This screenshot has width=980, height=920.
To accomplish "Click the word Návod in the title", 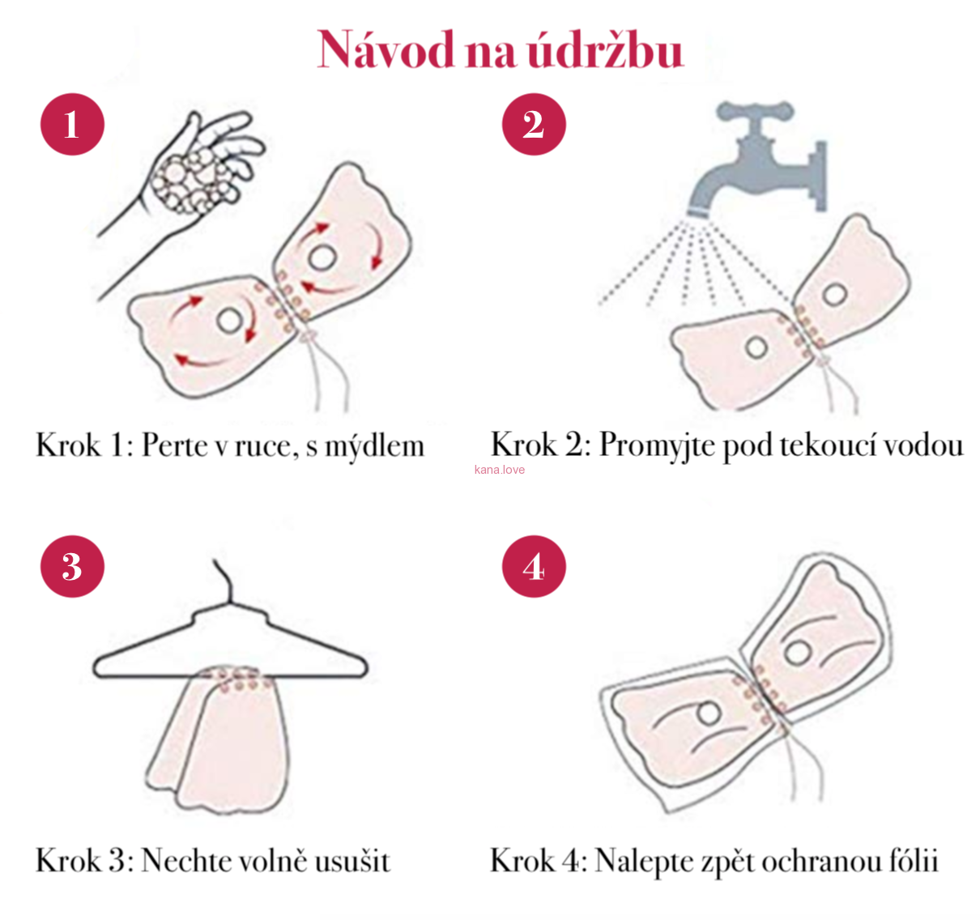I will [386, 50].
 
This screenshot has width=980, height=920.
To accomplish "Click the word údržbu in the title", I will [606, 50].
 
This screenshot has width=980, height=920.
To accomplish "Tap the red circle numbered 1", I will [72, 125].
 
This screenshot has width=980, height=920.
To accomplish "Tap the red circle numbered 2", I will [534, 125].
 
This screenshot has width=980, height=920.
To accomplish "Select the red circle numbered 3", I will [72, 566].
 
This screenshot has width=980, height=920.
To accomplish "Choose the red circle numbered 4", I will [534, 566].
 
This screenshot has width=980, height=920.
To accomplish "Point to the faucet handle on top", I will [755, 111].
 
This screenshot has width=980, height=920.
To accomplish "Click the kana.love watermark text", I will [500, 470].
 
